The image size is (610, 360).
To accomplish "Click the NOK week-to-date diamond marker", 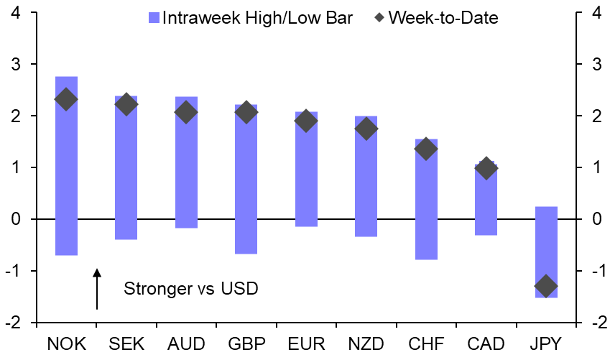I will click(66, 100).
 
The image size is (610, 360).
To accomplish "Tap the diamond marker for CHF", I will click(425, 149).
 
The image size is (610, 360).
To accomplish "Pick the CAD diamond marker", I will click(486, 169).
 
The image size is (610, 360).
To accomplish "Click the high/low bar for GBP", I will click(246, 180).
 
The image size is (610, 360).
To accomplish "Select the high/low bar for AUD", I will click(186, 162).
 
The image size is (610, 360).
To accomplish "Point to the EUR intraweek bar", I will click(306, 170).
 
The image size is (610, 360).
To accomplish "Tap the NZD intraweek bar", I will click(366, 176).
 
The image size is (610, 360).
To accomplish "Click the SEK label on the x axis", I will click(126, 343).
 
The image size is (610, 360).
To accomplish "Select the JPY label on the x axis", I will click(545, 343).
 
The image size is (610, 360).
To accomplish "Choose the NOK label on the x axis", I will click(66, 343).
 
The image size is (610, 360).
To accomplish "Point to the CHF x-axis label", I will click(425, 343).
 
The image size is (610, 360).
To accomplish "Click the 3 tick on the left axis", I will click(16, 65).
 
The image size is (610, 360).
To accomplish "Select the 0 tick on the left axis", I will click(16, 219).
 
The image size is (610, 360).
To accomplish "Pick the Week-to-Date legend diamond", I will click(378, 17).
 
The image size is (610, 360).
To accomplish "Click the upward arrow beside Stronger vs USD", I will click(97, 289).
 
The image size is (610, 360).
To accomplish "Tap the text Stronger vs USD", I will click(190, 289).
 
